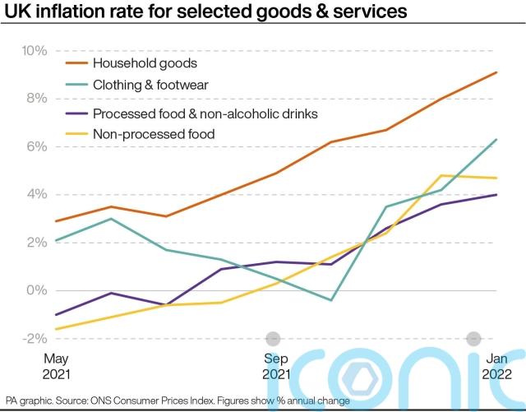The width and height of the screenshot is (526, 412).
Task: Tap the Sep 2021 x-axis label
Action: [276, 366]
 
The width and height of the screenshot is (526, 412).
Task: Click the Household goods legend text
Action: [145, 62]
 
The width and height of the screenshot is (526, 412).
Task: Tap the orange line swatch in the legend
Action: [75, 62]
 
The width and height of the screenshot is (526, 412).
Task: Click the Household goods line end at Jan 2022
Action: [496, 72]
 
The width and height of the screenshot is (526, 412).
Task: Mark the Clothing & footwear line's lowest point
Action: [330, 300]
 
